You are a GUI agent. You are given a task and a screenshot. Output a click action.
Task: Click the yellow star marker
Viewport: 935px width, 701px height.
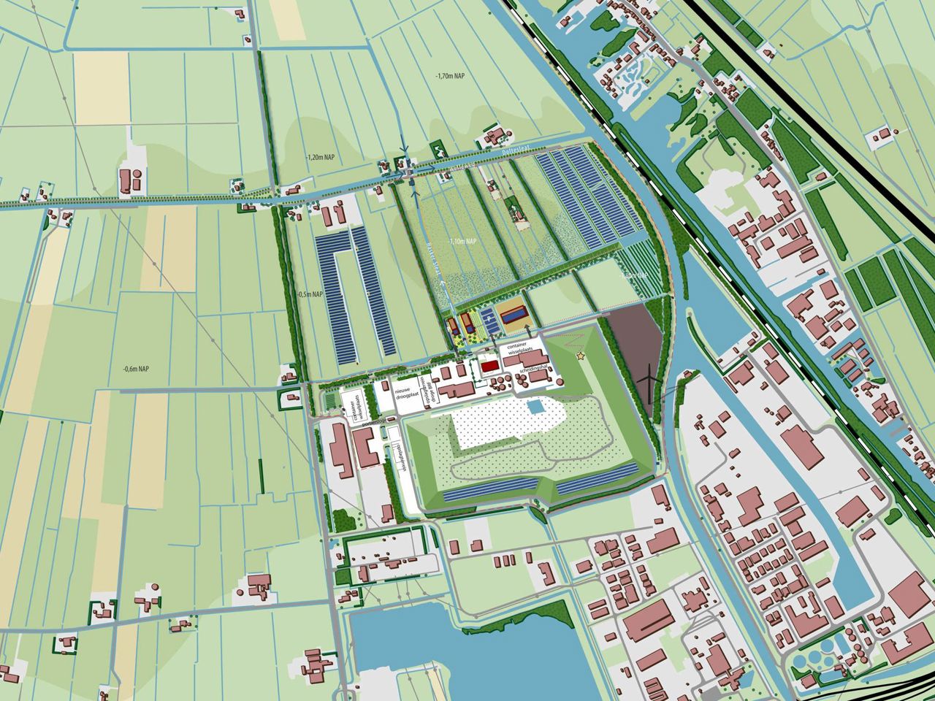(x=581, y=356)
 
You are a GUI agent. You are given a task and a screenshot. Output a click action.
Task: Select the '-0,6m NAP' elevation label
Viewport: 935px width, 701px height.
(x=137, y=368)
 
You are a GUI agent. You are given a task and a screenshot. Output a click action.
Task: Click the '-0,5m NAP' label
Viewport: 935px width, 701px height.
(x=310, y=294)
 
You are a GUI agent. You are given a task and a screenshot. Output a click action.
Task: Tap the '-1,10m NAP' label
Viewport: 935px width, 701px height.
(x=462, y=240)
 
